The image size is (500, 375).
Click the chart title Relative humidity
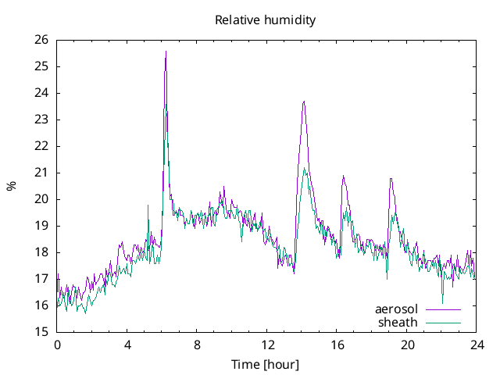click(266, 20)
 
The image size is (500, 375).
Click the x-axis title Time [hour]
click(266, 364)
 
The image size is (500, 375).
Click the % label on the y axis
click(11, 186)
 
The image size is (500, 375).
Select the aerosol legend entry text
click(397, 309)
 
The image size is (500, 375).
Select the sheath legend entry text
click(398, 322)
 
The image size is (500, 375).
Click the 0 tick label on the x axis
click(57, 345)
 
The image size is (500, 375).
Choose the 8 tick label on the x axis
click(197, 345)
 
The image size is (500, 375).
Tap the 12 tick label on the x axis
click(267, 345)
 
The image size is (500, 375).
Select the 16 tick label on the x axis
click(337, 345)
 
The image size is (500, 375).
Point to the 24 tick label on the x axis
click(477, 345)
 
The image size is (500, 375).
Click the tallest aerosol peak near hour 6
click(166, 52)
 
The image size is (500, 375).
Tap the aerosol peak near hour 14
click(304, 102)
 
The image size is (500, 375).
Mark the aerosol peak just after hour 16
click(342, 177)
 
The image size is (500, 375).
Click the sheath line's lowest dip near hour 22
click(442, 303)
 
